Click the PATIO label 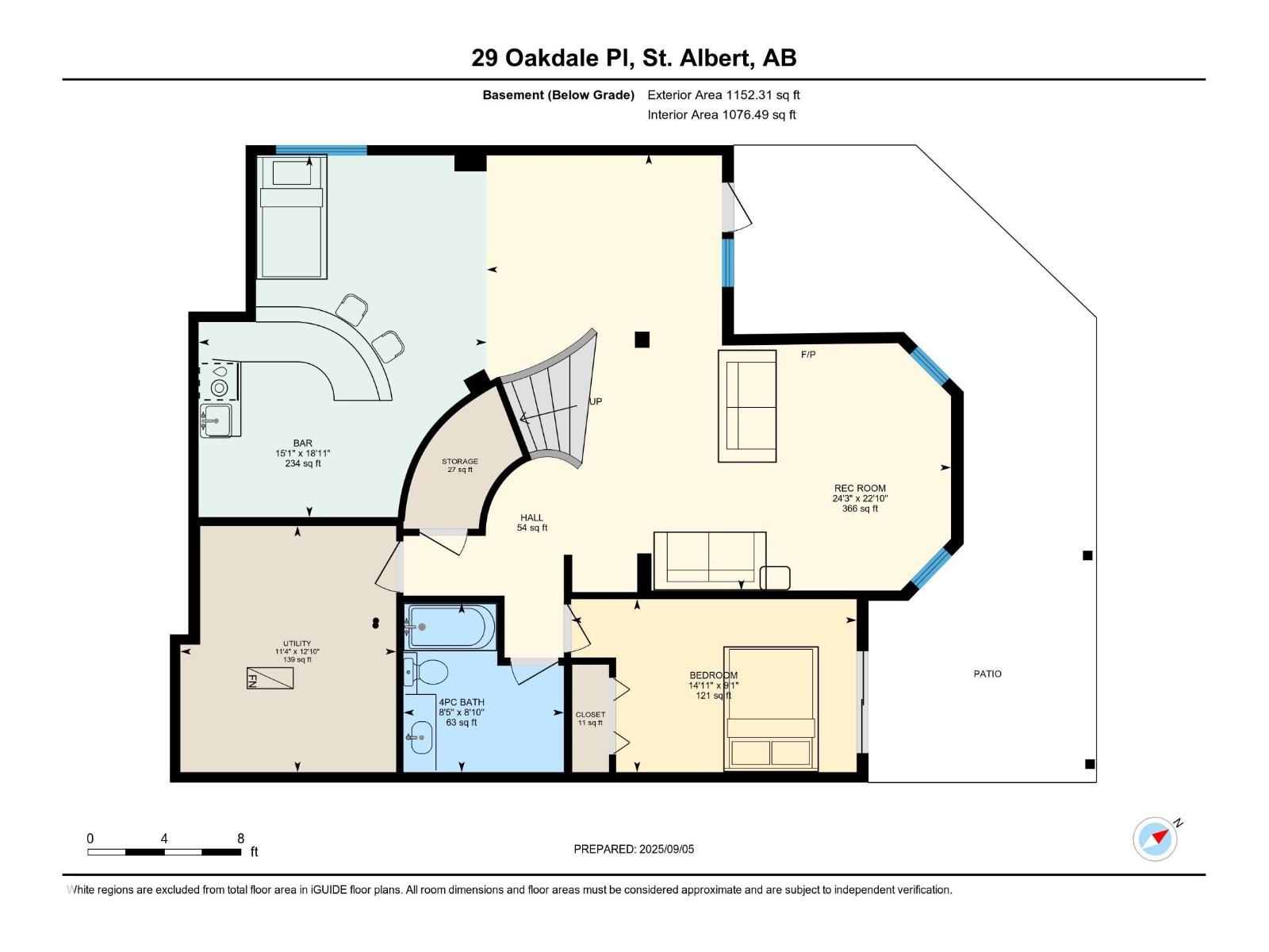tap(987, 674)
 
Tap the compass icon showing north tap(1155, 839)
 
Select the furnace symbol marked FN tap(270, 678)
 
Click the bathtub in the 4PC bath tap(450, 627)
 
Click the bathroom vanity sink tap(420, 737)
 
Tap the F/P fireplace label tap(808, 355)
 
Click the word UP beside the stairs tap(596, 401)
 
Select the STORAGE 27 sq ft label tap(460, 465)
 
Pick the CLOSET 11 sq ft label tap(590, 718)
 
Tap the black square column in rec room tap(642, 340)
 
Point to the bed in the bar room tap(292, 218)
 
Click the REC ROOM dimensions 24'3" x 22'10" tap(860, 499)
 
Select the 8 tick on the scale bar tap(240, 839)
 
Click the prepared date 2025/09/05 tap(634, 849)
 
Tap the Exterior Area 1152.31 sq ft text tap(723, 94)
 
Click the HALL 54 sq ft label tap(532, 522)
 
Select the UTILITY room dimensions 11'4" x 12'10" tap(297, 651)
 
